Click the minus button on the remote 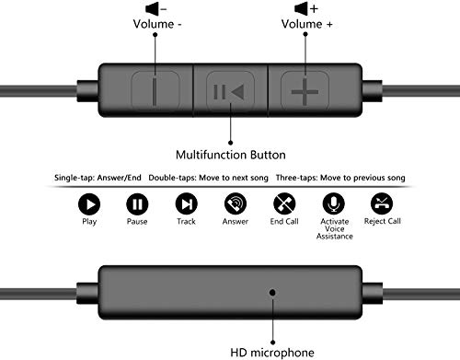pos(154,91)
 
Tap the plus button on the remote pos(304,91)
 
